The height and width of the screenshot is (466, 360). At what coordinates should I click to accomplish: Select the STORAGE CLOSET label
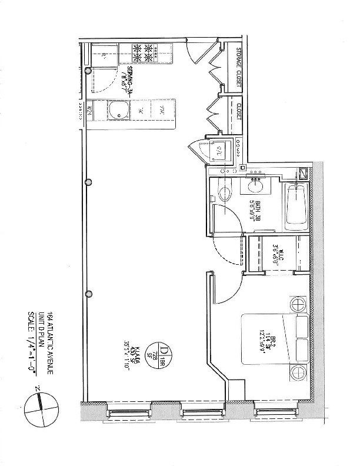(239, 68)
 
